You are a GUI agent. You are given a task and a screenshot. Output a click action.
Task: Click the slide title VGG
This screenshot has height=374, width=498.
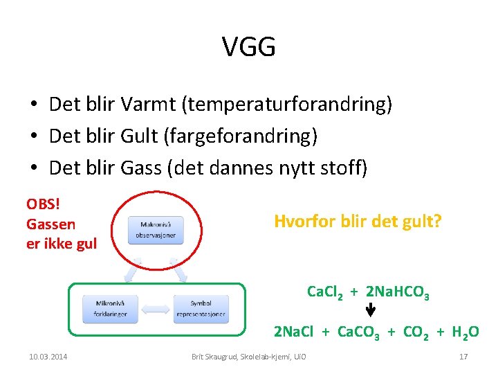pyautogui.click(x=249, y=47)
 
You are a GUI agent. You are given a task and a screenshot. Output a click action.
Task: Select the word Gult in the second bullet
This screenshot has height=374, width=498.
pyautogui.click(x=140, y=136)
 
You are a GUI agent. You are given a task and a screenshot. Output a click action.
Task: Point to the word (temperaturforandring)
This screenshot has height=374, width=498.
pyautogui.click(x=286, y=105)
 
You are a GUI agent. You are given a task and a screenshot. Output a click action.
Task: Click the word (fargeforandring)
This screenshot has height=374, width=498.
pyautogui.click(x=241, y=137)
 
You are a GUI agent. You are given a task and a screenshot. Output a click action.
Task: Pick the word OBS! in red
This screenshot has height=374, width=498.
pyautogui.click(x=42, y=204)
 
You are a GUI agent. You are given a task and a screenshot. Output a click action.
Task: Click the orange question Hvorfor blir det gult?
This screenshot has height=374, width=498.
pyautogui.click(x=358, y=222)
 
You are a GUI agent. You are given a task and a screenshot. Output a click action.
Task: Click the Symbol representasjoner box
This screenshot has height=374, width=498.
pyautogui.click(x=201, y=308)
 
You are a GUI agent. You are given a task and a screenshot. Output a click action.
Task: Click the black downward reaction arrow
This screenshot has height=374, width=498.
pyautogui.click(x=370, y=313)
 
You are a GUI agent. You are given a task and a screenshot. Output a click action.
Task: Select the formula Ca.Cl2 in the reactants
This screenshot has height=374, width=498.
pyautogui.click(x=326, y=293)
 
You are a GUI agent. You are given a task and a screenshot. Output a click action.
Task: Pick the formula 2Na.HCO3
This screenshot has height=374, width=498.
pyautogui.click(x=398, y=293)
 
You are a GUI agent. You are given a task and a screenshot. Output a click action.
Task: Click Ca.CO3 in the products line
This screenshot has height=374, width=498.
pyautogui.click(x=358, y=333)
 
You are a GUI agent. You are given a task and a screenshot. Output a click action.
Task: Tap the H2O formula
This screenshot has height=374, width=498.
pyautogui.click(x=465, y=333)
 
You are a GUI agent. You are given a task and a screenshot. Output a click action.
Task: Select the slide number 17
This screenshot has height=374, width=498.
pyautogui.click(x=463, y=357)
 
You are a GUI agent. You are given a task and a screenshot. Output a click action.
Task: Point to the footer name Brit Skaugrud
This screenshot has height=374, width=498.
pyautogui.click(x=216, y=357)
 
